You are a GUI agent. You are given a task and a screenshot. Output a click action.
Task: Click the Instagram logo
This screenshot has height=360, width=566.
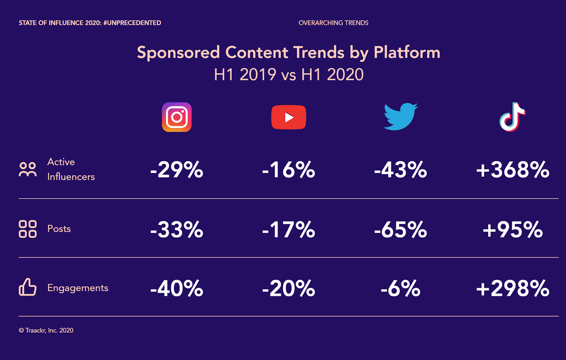pyautogui.click(x=177, y=117)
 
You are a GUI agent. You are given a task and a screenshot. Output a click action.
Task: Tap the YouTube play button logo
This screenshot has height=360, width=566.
pyautogui.click(x=289, y=117)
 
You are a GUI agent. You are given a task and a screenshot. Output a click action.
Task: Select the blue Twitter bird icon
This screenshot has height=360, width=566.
pyautogui.click(x=400, y=116)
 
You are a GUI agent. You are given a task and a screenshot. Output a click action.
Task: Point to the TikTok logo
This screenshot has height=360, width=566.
pyautogui.click(x=513, y=117)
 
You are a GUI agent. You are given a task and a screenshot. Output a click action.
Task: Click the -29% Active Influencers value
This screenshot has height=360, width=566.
pyautogui.click(x=177, y=170)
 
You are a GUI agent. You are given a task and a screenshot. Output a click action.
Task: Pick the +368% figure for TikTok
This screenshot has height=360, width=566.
pyautogui.click(x=513, y=170)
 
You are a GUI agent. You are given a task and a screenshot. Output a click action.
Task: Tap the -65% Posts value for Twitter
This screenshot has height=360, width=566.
pyautogui.click(x=400, y=229)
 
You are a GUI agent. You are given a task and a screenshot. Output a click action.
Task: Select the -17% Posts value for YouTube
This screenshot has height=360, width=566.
pyautogui.click(x=289, y=229)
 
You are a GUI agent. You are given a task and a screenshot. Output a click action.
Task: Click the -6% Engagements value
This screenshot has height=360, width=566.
pyautogui.click(x=400, y=288)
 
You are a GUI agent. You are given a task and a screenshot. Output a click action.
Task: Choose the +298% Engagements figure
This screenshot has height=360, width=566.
pyautogui.click(x=513, y=288)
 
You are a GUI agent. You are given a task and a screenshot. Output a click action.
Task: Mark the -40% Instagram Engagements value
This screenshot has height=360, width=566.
pyautogui.click(x=177, y=288)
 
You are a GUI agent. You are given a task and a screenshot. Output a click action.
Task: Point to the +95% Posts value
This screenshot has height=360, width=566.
pyautogui.click(x=513, y=229)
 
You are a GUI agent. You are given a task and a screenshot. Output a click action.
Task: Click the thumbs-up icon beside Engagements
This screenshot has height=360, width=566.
pyautogui.click(x=28, y=287)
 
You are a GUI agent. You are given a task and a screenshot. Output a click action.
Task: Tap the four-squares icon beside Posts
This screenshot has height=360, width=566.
pyautogui.click(x=28, y=229)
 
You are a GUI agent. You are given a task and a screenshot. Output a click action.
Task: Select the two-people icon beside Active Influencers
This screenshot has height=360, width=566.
pyautogui.click(x=28, y=169)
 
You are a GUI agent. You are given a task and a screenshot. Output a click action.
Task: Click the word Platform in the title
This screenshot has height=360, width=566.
pyautogui.click(x=407, y=53)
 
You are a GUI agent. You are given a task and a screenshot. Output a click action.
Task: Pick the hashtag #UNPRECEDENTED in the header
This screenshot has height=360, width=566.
pyautogui.click(x=132, y=23)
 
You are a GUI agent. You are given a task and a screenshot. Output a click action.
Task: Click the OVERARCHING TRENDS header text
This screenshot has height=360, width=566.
pyautogui.click(x=334, y=23)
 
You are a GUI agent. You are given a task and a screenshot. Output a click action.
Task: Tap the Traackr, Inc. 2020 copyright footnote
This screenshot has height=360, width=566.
pyautogui.click(x=46, y=330)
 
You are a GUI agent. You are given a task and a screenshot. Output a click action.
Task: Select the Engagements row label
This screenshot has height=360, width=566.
pyautogui.click(x=78, y=288)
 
